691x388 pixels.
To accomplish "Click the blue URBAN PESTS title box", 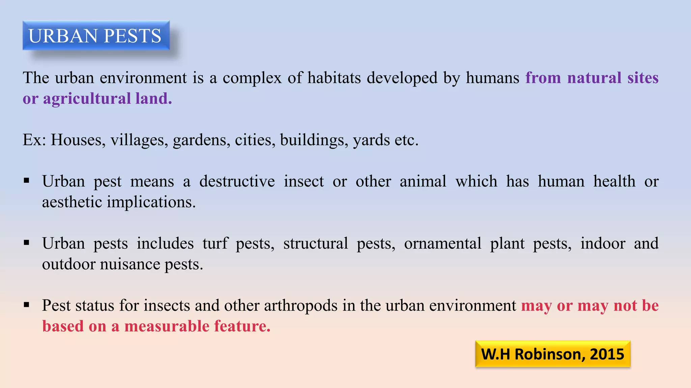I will coord(96,35).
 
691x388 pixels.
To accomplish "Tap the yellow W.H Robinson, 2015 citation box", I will coord(552,354).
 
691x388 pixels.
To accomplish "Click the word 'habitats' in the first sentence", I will coord(334,78).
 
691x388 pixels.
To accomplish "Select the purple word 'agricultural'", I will coord(87,99).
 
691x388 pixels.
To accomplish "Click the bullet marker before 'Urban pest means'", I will coord(27,181).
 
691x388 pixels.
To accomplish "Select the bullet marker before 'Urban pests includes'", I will coord(27,243).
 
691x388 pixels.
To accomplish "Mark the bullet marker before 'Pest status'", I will coord(27,305).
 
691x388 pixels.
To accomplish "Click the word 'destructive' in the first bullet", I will coord(237,181).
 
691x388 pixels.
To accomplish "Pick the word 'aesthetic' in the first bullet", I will coord(72,202).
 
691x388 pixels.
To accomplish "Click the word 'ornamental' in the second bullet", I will coord(442,243).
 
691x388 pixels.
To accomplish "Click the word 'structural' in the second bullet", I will coord(315,243).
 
